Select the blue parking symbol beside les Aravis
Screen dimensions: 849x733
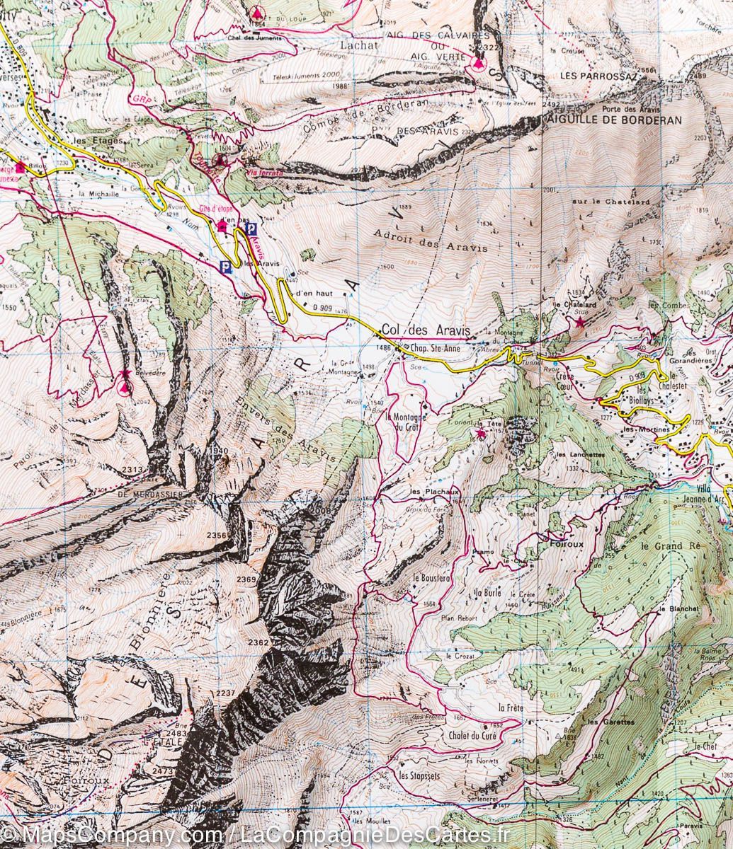[225, 267]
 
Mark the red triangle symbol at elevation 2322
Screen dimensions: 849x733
[479, 63]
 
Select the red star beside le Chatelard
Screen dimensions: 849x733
[581, 323]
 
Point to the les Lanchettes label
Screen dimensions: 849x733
[580, 455]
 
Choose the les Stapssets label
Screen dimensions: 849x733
[419, 776]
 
